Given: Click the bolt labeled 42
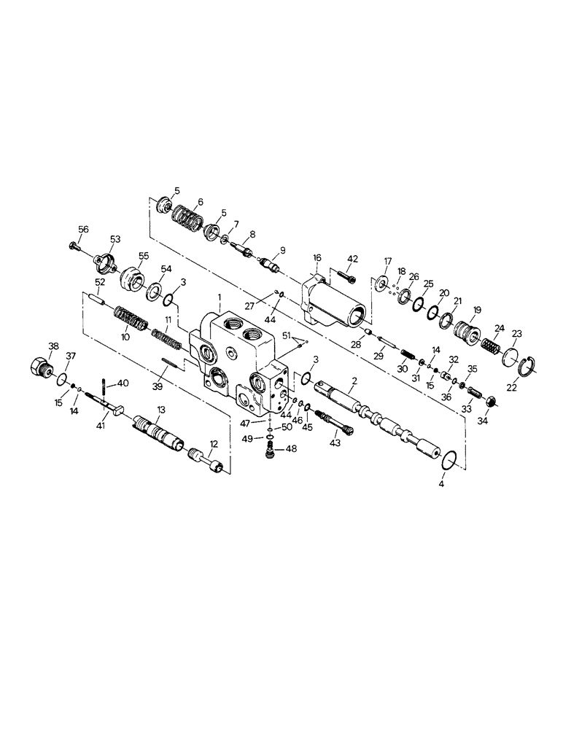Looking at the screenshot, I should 349,276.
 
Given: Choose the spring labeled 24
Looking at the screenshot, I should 491,341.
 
